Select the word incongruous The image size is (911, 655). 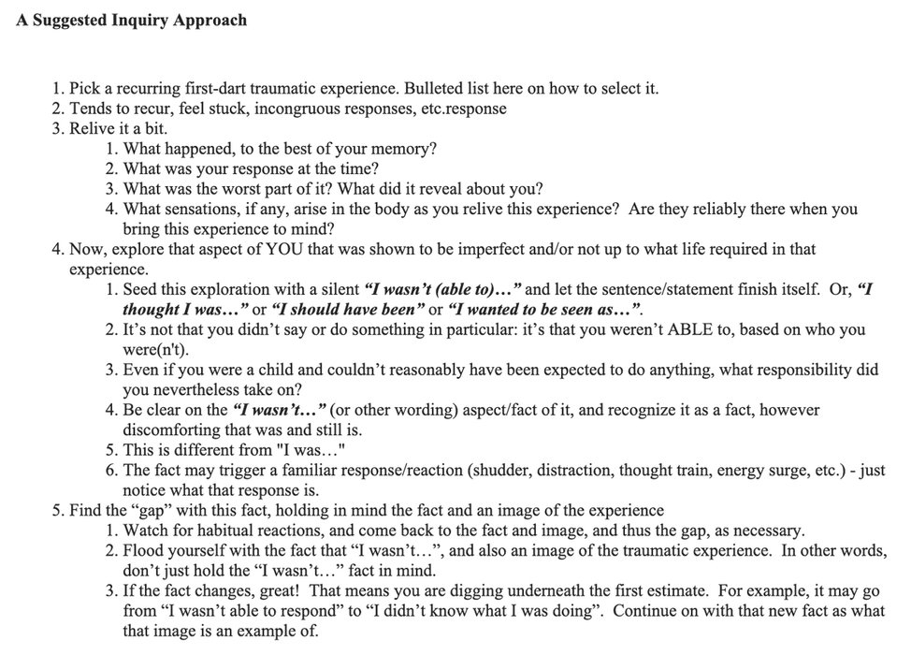pyautogui.click(x=261, y=109)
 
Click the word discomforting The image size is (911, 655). pyautogui.click(x=171, y=430)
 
